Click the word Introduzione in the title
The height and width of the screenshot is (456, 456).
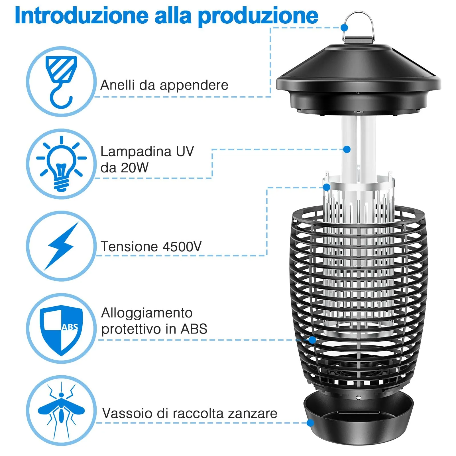click(x=81, y=15)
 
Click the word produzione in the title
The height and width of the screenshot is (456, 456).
click(x=258, y=17)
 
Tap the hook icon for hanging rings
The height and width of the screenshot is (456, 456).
click(x=62, y=82)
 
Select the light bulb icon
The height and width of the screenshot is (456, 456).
click(x=61, y=164)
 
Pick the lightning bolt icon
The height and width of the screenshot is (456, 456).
click(x=62, y=246)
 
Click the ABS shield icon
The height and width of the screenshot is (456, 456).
click(x=62, y=329)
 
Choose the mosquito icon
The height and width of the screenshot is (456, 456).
click(x=61, y=411)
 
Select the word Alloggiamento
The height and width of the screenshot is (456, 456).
click(x=147, y=313)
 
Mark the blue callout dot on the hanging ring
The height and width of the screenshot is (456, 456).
click(x=344, y=28)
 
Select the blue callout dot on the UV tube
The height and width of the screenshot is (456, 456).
click(x=347, y=149)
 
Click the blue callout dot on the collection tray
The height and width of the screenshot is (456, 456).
click(x=310, y=423)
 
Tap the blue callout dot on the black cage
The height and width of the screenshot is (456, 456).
click(x=312, y=340)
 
